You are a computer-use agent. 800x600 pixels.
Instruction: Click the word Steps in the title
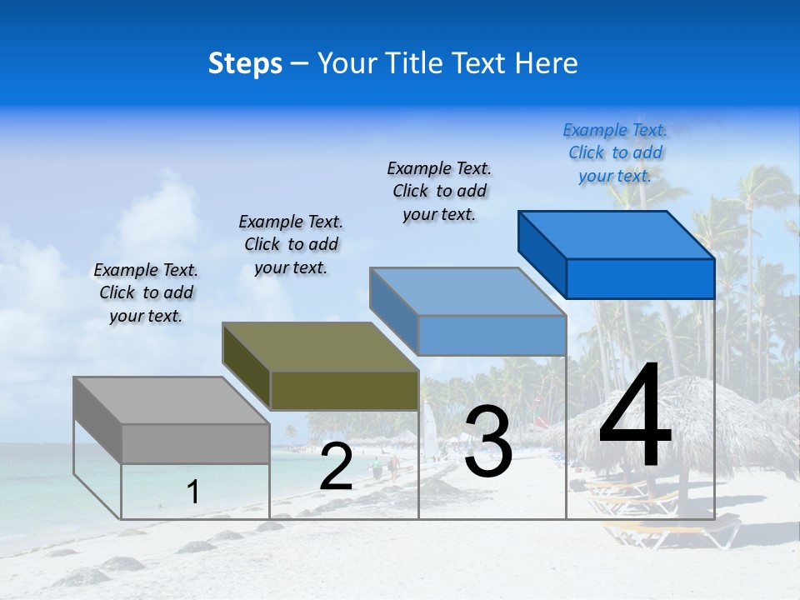point(245,64)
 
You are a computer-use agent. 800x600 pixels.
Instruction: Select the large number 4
point(635,419)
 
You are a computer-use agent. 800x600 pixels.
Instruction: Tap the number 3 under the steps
point(487,442)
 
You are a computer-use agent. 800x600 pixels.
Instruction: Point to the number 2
point(336,467)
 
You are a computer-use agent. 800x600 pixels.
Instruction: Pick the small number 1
point(193,492)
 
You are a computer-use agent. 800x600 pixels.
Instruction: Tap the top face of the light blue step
point(467,292)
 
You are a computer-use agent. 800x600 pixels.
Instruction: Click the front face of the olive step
point(344,391)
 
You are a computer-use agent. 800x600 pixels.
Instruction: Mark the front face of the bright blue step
point(640,278)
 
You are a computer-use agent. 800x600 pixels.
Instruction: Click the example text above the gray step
point(146,292)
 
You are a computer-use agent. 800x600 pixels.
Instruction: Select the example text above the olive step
point(291,244)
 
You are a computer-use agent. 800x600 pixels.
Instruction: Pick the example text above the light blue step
point(439,191)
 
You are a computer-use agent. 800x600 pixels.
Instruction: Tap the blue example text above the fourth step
point(615,152)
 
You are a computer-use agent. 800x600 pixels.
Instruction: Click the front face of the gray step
point(195,443)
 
